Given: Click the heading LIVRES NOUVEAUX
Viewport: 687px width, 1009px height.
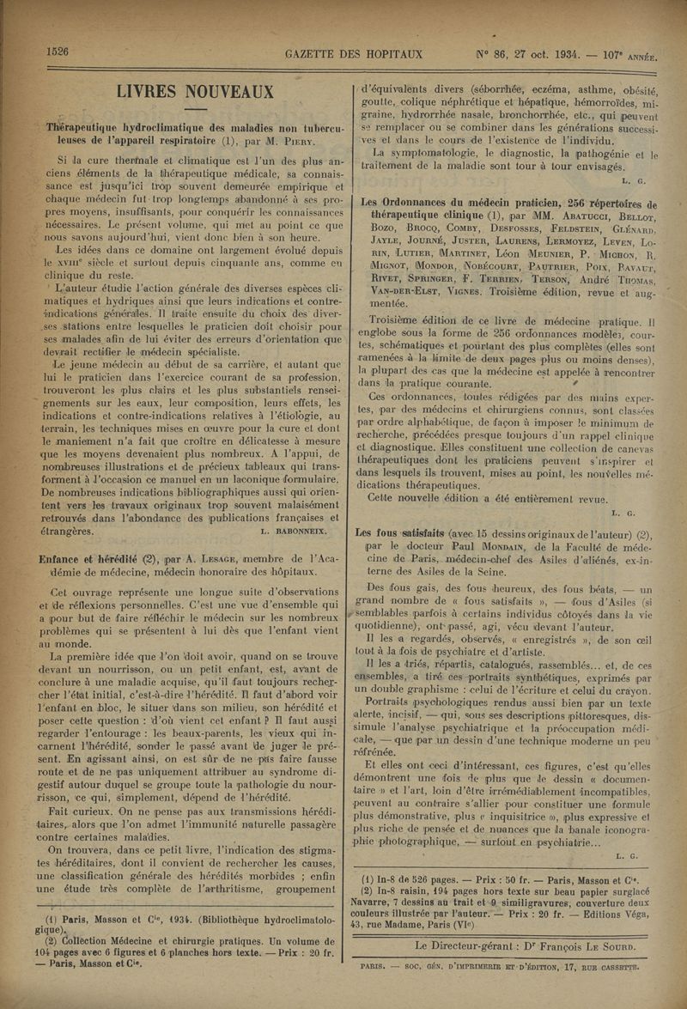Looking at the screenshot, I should [195, 92].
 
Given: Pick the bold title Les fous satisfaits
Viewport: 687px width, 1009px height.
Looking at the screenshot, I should [404, 533].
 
